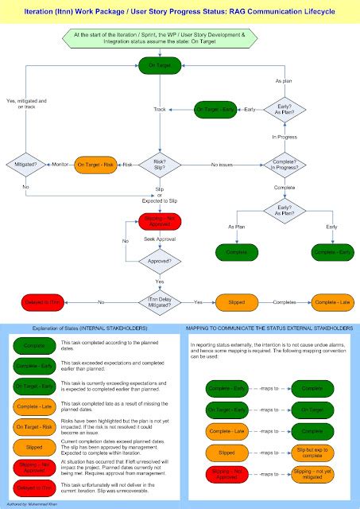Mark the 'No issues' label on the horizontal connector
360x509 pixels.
point(222,164)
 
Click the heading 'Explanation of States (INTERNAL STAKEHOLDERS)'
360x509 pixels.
point(89,328)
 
